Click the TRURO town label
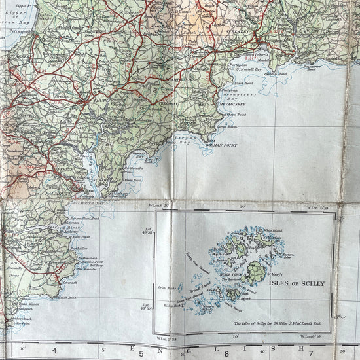(x=98, y=101)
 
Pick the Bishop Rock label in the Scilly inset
(x=171, y=304)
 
